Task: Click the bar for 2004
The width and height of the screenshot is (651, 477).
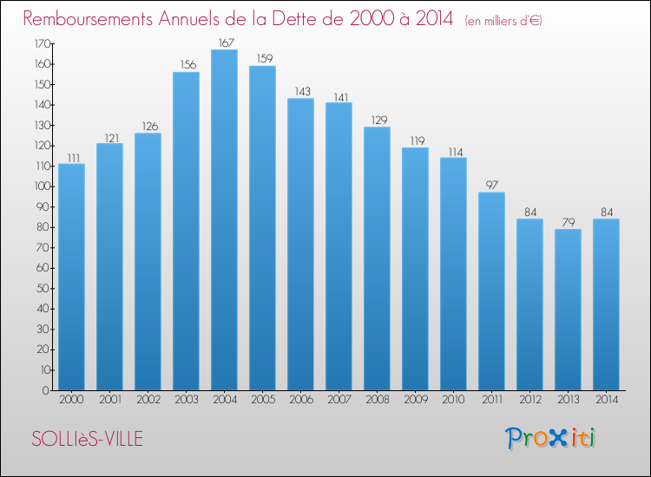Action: [x=224, y=220]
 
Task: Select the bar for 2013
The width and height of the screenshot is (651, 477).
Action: [x=568, y=310]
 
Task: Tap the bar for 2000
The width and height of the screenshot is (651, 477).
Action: [x=71, y=278]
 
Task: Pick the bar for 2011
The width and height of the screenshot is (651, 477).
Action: [x=491, y=291]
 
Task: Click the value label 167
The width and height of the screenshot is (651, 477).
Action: [x=224, y=42]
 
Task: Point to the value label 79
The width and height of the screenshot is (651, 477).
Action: [x=568, y=222]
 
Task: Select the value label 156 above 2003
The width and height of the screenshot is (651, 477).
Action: [x=186, y=65]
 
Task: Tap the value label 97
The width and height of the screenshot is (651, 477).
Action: [x=491, y=186]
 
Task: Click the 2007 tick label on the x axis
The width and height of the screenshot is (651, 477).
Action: [x=339, y=401]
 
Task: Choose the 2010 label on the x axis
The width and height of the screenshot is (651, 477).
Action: [x=453, y=401]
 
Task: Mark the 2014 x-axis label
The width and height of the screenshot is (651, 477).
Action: [x=606, y=401]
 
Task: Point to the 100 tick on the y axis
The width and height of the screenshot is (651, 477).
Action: [x=42, y=186]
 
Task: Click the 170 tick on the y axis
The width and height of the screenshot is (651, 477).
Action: [x=42, y=43]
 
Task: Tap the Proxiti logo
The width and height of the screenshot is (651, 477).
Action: [x=552, y=438]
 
